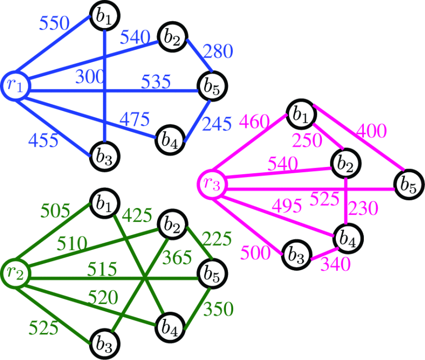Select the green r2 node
coord(15,271)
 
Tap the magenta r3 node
coord(211,183)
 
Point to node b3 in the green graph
coord(105,341)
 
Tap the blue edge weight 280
coord(218,52)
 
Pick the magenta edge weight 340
coord(335,264)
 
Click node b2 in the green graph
coord(173,223)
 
